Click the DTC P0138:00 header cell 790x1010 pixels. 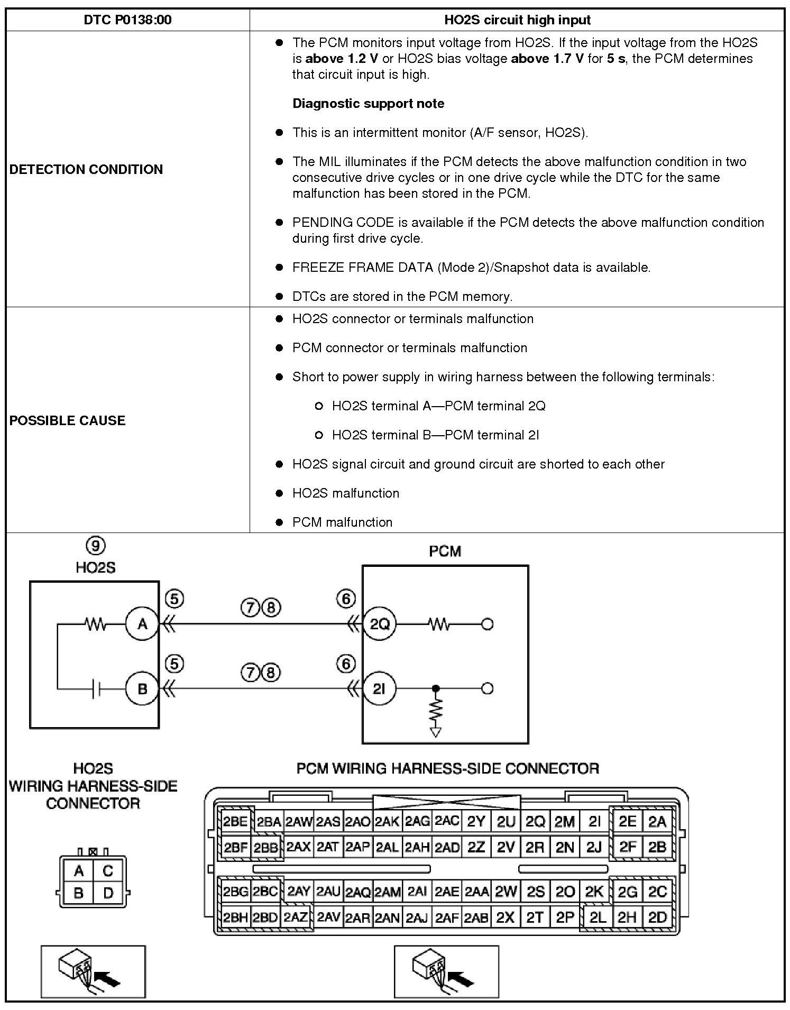127,20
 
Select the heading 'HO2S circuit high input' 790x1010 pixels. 517,20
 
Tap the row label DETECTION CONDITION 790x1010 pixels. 86,169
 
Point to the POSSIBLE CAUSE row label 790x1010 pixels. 68,420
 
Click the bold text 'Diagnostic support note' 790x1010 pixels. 368,103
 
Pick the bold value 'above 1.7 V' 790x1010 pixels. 547,58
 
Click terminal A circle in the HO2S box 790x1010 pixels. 142,625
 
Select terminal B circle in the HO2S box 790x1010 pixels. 142,689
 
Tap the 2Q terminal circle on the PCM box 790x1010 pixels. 379,625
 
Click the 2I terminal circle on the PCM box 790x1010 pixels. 379,689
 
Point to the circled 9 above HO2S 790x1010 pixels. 95,545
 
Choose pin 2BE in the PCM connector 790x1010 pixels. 235,822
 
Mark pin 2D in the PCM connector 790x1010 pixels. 657,917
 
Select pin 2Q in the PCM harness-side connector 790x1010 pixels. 535,822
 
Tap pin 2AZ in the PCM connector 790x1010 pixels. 296,917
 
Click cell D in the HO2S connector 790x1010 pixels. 108,893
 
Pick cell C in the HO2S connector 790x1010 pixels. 108,870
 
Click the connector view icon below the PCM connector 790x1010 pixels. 446,971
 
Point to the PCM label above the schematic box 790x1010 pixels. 445,552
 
